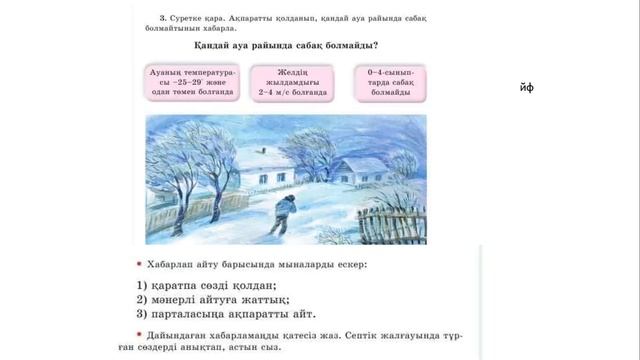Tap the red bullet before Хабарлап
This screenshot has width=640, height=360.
[139, 264]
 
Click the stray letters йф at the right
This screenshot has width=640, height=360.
[528, 88]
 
